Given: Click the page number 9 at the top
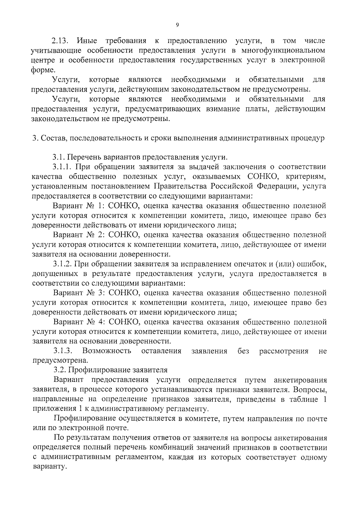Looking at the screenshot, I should point(177,25).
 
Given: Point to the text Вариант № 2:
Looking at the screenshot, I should point(78,235).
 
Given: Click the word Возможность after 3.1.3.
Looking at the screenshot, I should point(107,351).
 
